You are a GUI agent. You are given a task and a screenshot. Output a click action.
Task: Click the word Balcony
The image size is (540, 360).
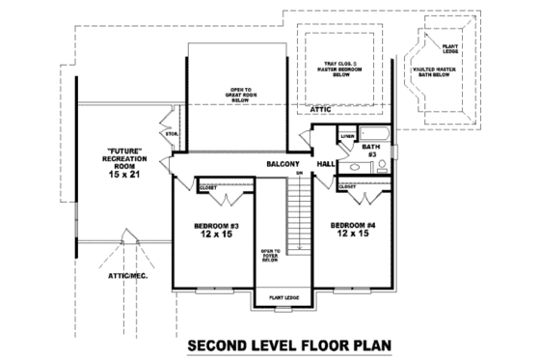pos(284,165)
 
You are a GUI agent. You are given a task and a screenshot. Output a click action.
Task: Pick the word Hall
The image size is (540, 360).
pos(325,165)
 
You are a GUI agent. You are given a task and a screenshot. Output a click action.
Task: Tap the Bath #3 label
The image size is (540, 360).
pos(370,151)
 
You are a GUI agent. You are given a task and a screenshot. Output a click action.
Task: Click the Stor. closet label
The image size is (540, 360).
pos(173,133)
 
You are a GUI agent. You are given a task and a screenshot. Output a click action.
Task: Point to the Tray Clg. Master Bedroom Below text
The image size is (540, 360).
pos(341,70)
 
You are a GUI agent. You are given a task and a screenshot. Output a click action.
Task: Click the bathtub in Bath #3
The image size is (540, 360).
pos(375,133)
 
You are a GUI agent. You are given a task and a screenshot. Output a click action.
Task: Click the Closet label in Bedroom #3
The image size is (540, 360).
pos(207,186)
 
